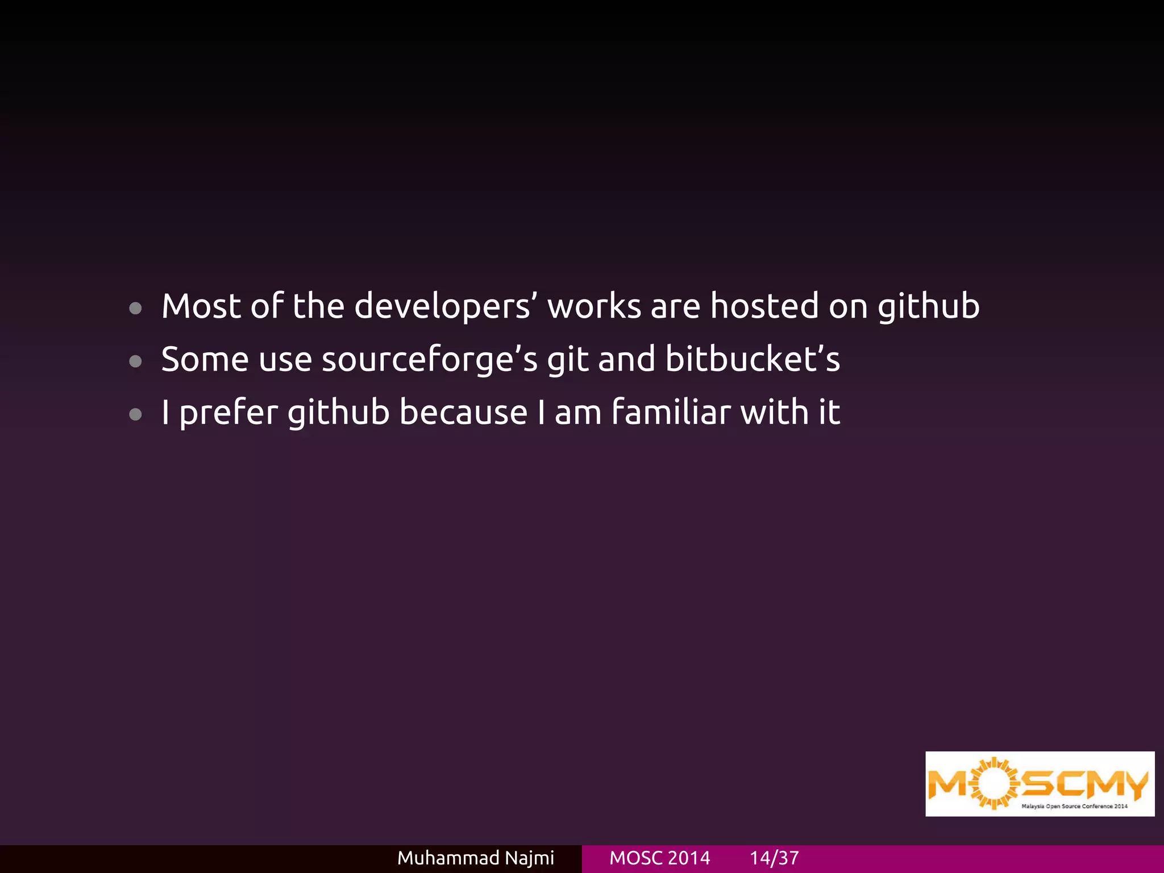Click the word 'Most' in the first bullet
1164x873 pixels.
click(x=201, y=306)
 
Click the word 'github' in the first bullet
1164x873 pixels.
click(x=929, y=307)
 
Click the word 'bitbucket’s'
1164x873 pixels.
click(x=753, y=359)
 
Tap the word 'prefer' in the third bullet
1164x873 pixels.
click(x=228, y=413)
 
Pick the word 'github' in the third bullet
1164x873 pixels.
click(x=338, y=413)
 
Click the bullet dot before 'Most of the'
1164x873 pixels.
click(x=135, y=309)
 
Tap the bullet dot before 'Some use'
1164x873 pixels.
click(x=135, y=361)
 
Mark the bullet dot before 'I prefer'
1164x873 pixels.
click(x=135, y=414)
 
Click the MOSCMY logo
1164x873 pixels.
click(x=1040, y=784)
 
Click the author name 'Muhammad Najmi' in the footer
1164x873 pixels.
click(x=475, y=858)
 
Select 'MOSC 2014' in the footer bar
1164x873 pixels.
click(x=659, y=858)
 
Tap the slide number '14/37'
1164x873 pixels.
click(x=774, y=858)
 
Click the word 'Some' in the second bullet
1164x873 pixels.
click(x=205, y=359)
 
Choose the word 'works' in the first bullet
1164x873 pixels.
click(x=594, y=306)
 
